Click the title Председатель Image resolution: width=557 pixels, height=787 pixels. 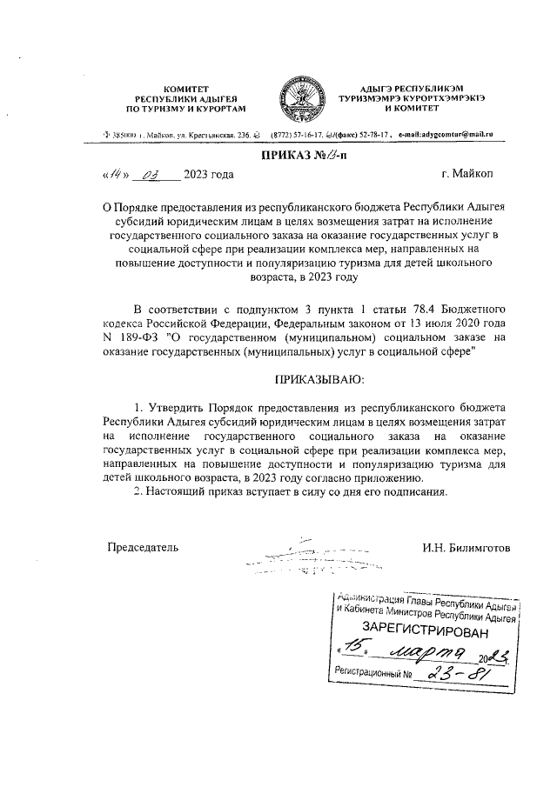point(143,547)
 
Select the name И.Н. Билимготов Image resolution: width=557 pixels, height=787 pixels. point(466,547)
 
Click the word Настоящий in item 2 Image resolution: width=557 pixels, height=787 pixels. point(185,493)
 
